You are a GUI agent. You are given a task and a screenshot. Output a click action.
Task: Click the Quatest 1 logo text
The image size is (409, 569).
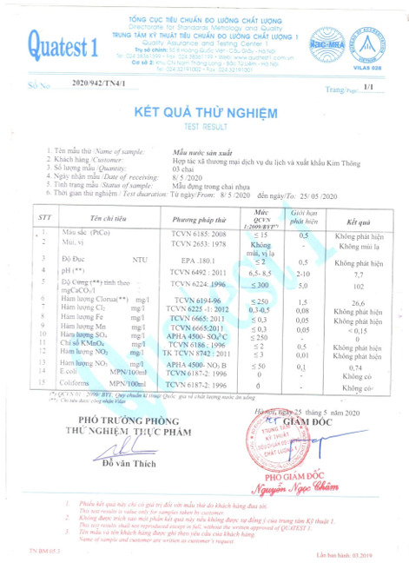click(60, 42)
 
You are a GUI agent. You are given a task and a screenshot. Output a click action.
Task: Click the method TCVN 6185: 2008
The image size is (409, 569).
click(200, 235)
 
